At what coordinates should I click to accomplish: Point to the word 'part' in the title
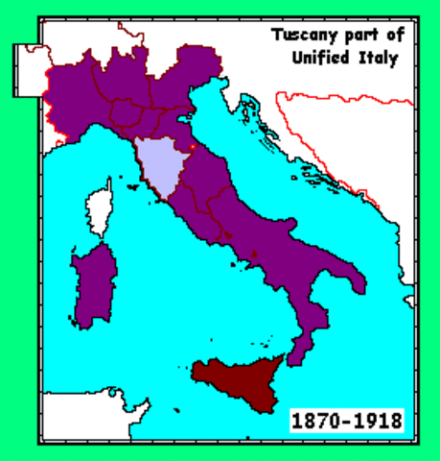coord(354,36)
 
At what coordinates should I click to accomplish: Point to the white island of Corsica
coord(99,209)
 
